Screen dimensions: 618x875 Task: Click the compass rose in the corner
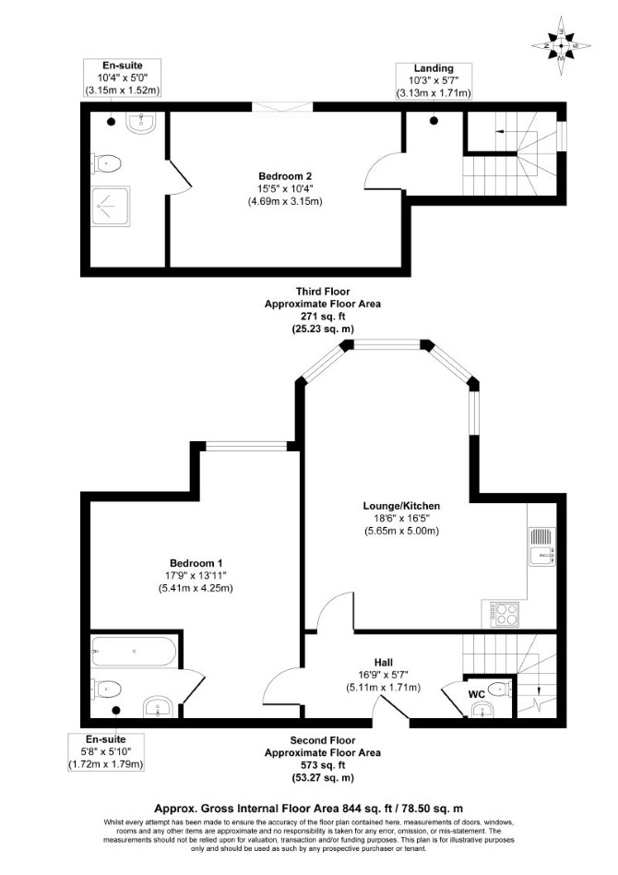click(x=561, y=46)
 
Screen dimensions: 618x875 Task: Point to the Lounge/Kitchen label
click(x=401, y=506)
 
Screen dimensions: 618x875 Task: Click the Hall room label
click(x=383, y=663)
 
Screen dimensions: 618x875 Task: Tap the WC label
click(x=476, y=694)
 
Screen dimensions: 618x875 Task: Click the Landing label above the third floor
click(x=434, y=68)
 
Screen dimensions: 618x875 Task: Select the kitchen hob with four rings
click(x=504, y=613)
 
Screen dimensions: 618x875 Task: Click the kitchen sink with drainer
click(x=541, y=546)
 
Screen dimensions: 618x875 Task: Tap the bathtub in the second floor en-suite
click(x=134, y=652)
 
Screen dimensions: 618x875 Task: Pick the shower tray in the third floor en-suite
click(x=111, y=205)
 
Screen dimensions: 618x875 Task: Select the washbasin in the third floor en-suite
click(x=144, y=122)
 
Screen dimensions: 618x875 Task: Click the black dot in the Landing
click(x=434, y=120)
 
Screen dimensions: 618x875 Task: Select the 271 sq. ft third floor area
click(x=323, y=317)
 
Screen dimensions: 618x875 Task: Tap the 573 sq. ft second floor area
click(x=323, y=764)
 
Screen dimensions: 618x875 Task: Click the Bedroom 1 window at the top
click(x=246, y=446)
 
